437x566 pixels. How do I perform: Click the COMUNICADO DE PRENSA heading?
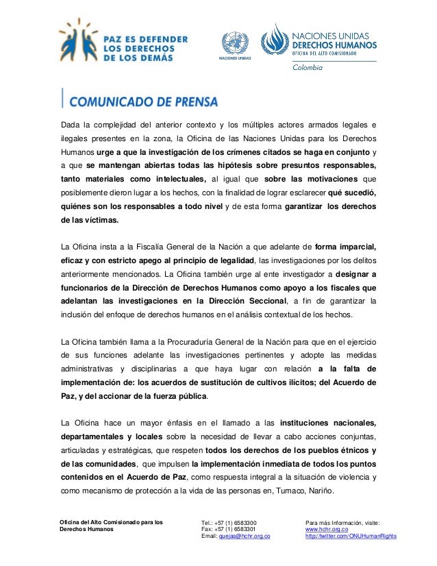click(143, 101)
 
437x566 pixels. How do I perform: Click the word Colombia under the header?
click(308, 68)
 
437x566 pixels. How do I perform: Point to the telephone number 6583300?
click(239, 522)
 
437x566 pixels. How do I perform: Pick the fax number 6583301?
click(239, 529)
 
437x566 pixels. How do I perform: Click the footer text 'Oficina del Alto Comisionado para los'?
click(111, 522)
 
